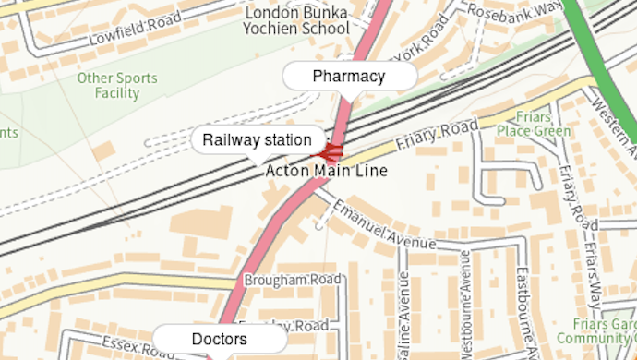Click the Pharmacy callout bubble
tap(348, 77)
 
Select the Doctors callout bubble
tap(219, 340)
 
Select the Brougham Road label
tap(293, 280)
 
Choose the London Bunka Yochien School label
tap(294, 20)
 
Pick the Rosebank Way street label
tap(515, 9)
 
